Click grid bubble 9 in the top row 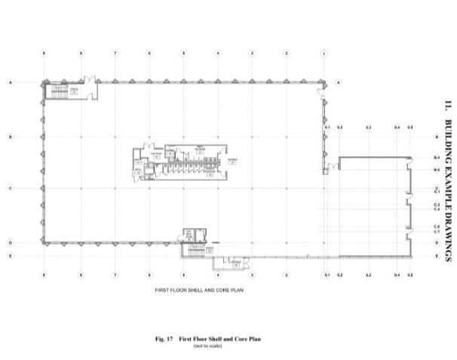coord(44,54)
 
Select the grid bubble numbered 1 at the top coord(324,54)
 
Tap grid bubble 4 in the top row coord(218,54)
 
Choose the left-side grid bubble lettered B coord(10,137)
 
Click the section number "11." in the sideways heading coord(448,106)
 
